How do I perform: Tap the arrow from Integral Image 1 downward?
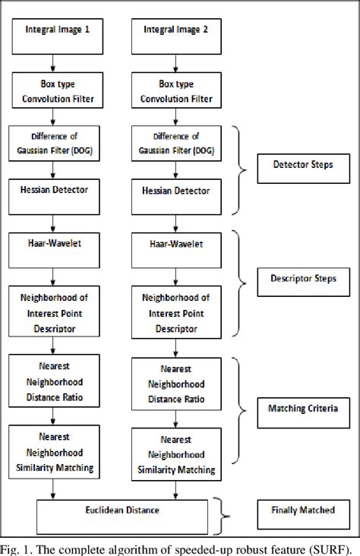(x=51, y=60)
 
